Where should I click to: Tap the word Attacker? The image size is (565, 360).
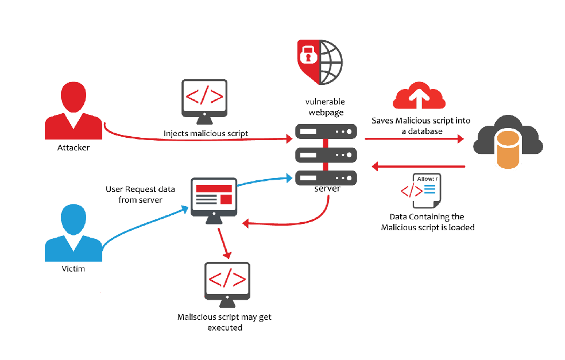[x=73, y=148]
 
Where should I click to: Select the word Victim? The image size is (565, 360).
[x=73, y=268]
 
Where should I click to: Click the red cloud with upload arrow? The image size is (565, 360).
[x=419, y=96]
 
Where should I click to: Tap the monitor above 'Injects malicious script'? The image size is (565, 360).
[x=204, y=99]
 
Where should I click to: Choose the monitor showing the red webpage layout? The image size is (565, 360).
[x=213, y=199]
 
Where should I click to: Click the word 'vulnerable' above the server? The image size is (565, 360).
[x=326, y=102]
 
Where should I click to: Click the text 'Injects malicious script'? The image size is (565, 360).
[x=206, y=133]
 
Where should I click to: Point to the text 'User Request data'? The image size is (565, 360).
[x=134, y=189]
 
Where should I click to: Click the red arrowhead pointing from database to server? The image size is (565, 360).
[x=374, y=167]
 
